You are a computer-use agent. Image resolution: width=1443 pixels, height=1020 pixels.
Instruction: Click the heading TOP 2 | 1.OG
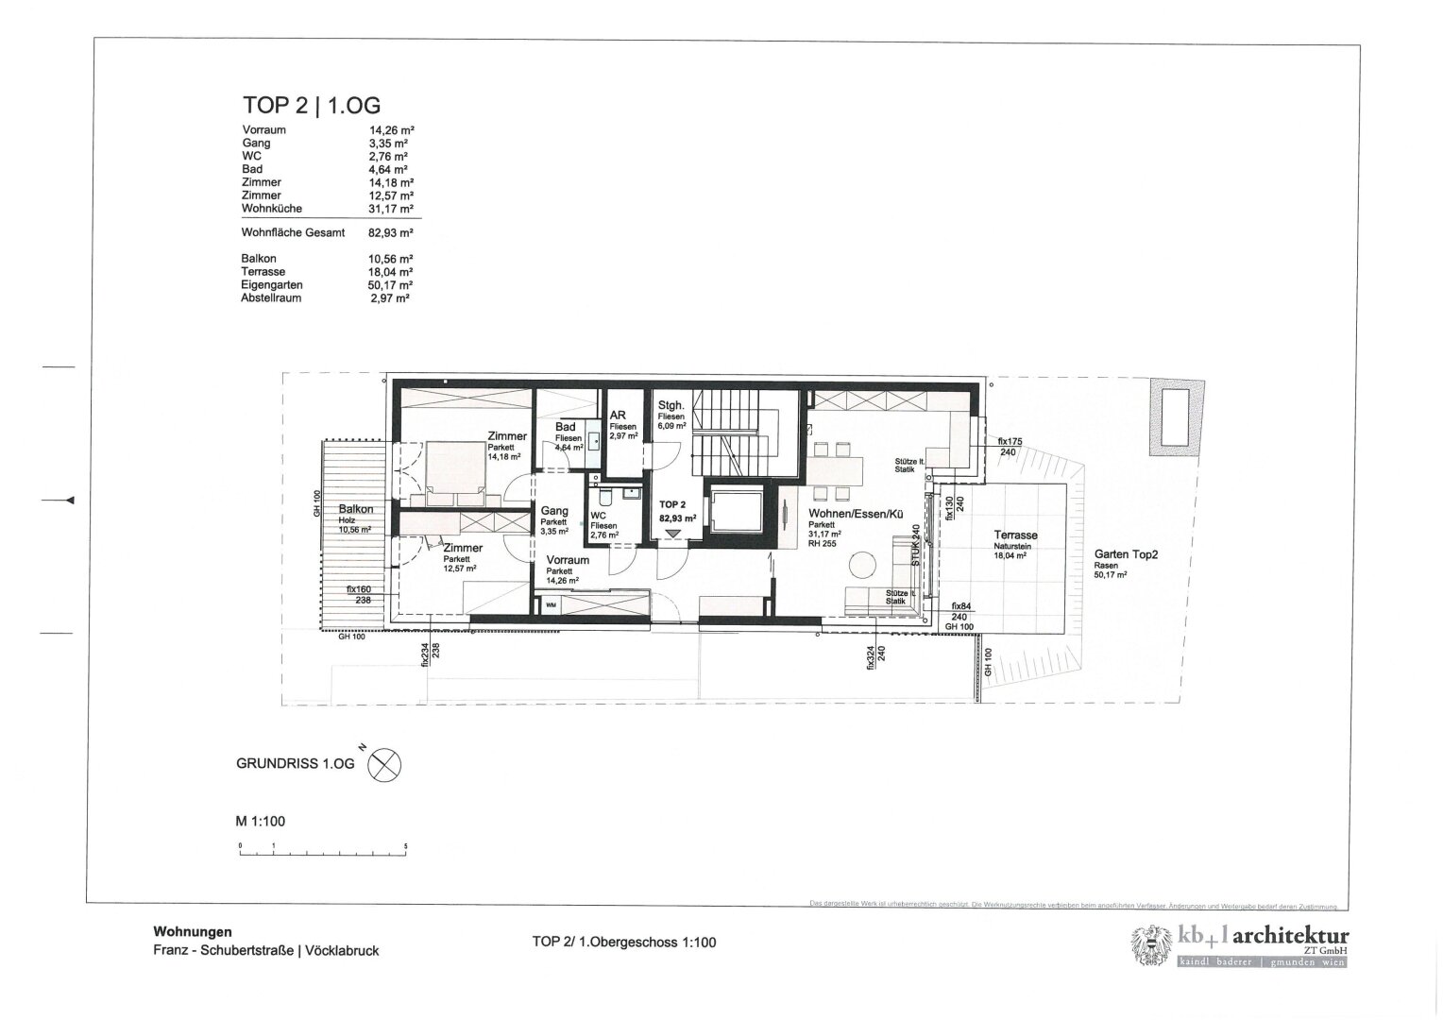tap(312, 106)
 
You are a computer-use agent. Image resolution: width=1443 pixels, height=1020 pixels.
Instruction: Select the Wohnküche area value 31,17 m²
tap(393, 209)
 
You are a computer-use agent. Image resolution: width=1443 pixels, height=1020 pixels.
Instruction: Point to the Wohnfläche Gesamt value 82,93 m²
tap(393, 232)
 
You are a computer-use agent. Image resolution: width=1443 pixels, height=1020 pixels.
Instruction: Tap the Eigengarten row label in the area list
tap(272, 285)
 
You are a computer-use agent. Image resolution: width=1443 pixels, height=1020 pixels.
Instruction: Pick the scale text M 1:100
tap(260, 822)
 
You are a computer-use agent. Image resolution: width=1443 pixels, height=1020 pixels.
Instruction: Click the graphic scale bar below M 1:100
tap(322, 853)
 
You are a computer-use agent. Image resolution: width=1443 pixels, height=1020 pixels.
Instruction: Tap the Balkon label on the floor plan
tap(355, 509)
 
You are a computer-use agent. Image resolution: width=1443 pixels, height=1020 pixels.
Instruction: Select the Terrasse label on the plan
tap(1016, 535)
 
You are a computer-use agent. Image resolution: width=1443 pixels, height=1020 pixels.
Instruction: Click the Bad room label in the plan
tap(565, 427)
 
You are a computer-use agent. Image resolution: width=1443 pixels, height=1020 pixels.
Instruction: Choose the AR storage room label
tap(619, 416)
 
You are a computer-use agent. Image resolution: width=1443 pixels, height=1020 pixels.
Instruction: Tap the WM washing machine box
tap(551, 605)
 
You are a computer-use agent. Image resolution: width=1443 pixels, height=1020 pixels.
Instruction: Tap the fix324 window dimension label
tap(869, 656)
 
